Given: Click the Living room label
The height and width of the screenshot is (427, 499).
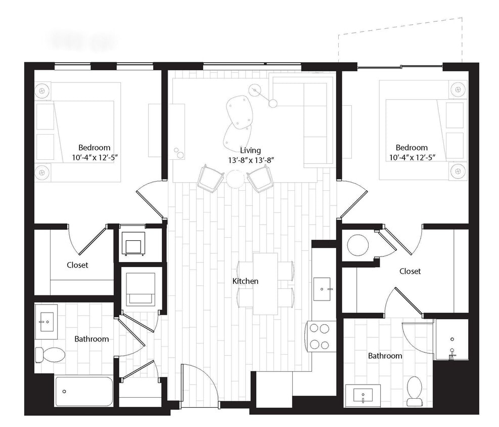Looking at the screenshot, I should point(250,150).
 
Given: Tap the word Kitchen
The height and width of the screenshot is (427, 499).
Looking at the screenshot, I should point(246,281).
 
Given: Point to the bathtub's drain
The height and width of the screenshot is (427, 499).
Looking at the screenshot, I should point(64,391).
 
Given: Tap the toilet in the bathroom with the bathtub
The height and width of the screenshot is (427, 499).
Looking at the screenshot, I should point(50,354).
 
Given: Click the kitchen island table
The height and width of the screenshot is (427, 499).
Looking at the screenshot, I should point(265,283).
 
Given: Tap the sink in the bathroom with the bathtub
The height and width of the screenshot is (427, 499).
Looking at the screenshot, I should point(47,320).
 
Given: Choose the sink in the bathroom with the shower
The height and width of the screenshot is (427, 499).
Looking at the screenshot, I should point(363,395).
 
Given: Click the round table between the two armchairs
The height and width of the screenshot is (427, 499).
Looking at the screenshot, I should point(235,179).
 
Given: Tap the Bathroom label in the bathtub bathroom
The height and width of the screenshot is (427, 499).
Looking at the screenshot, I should point(92,339).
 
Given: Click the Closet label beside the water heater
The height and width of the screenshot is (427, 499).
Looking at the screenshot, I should point(410,271).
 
